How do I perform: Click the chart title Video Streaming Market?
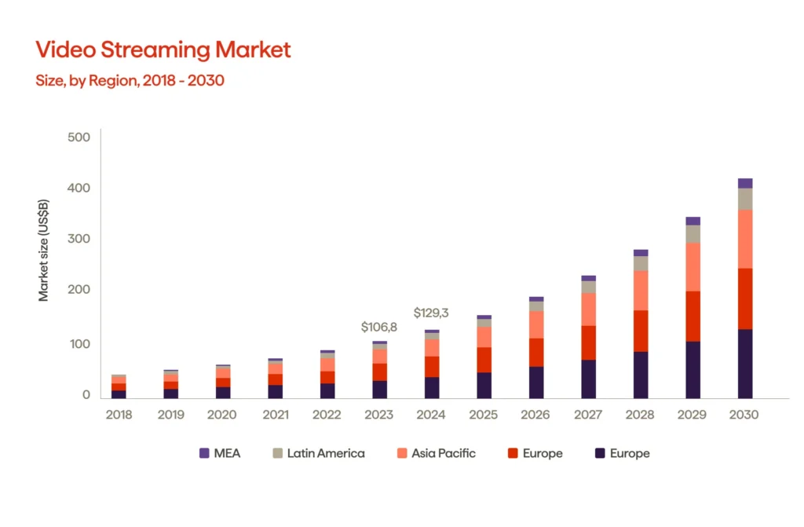(163, 50)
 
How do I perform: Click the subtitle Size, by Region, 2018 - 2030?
(130, 80)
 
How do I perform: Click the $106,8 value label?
(378, 327)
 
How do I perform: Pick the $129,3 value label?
(431, 313)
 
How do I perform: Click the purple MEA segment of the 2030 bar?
(744, 184)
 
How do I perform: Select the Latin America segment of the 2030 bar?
(744, 199)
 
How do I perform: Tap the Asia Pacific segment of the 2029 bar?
(693, 267)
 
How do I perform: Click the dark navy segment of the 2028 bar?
(641, 375)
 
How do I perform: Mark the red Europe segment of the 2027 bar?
(588, 343)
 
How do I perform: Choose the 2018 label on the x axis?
(119, 415)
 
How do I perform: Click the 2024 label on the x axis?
(431, 415)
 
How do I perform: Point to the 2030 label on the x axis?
(744, 415)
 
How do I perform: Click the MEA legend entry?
(220, 453)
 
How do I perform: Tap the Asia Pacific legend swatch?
(401, 453)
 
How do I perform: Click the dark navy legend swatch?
(600, 453)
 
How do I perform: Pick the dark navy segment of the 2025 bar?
(484, 386)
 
